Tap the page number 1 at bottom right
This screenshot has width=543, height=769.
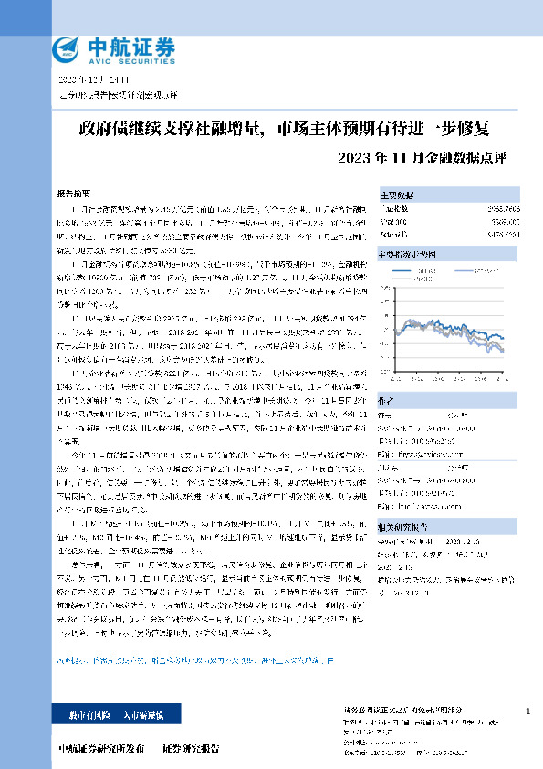click(528, 711)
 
